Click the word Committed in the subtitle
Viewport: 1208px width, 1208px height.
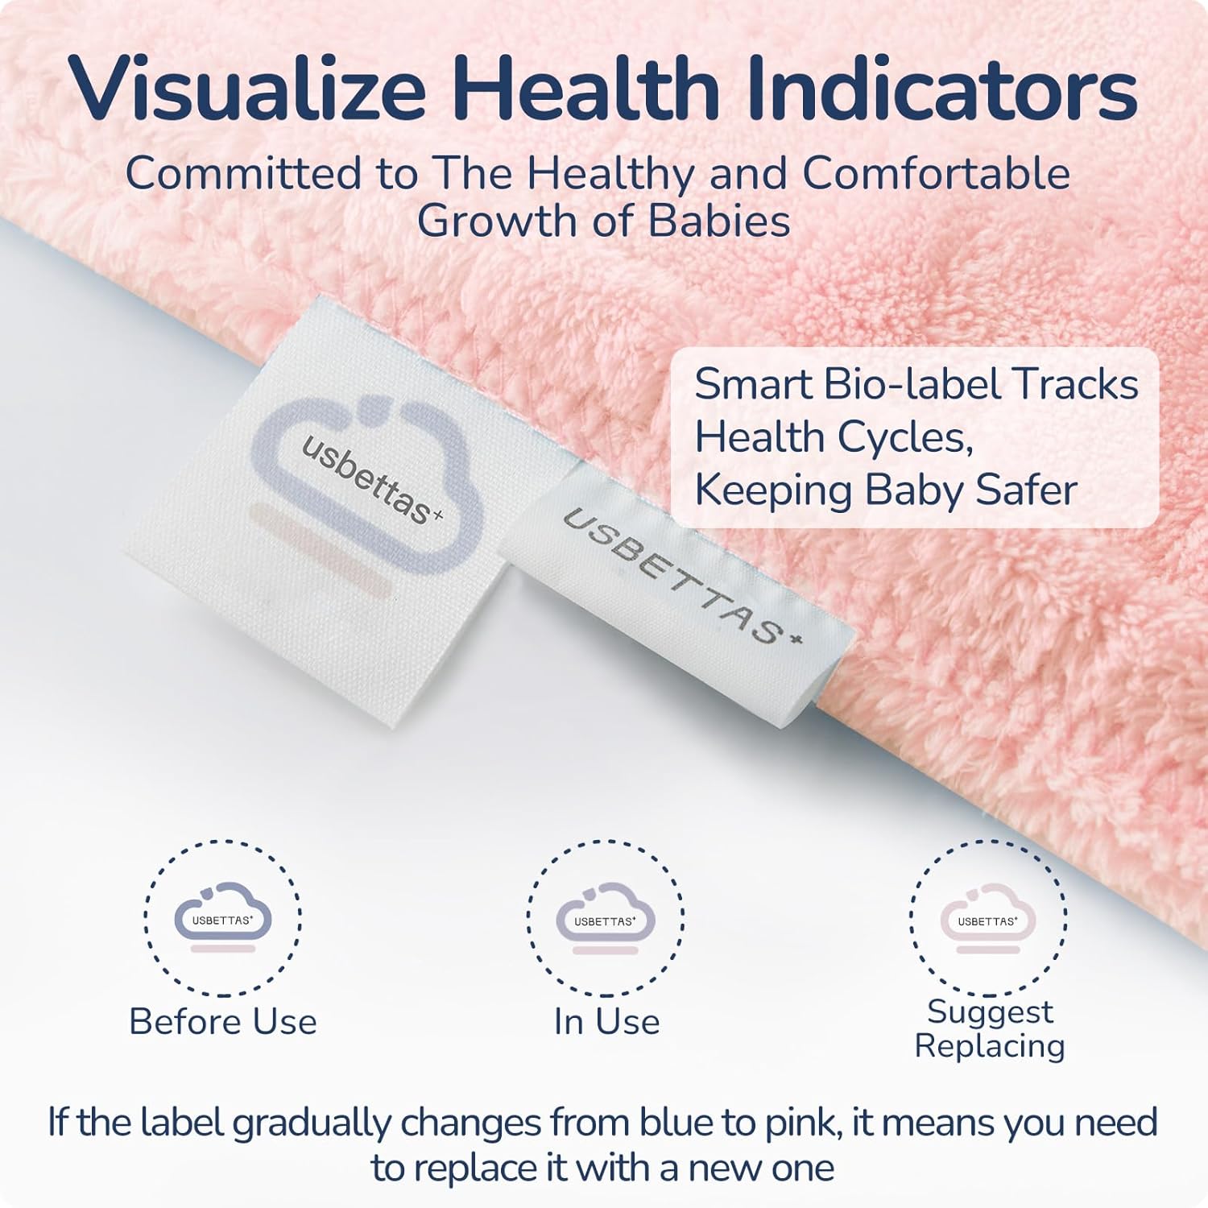click(x=243, y=173)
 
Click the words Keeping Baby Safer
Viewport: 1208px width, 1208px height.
click(x=886, y=490)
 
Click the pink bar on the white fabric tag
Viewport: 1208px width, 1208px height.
click(x=322, y=552)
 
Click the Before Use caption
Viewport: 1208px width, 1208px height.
click(x=223, y=1021)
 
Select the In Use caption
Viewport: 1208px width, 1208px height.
click(x=606, y=1021)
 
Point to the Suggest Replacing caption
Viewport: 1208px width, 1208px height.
click(x=990, y=1028)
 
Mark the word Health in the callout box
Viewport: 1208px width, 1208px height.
click(x=759, y=437)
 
